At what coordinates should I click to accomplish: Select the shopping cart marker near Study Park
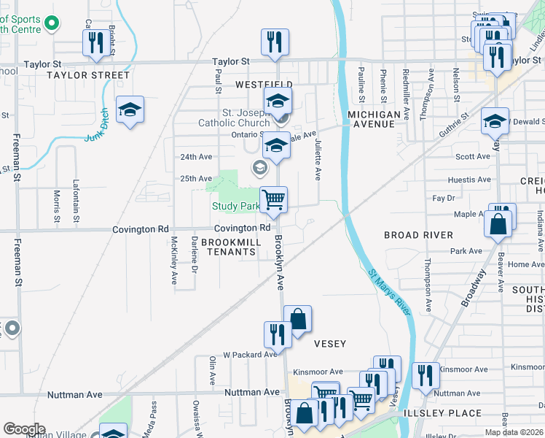(274, 199)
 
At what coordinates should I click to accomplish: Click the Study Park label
(235, 206)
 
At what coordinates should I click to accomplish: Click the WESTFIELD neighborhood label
(264, 85)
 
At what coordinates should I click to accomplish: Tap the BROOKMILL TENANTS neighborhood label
(229, 247)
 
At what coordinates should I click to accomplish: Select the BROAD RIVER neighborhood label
(419, 235)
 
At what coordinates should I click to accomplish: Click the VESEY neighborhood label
(329, 343)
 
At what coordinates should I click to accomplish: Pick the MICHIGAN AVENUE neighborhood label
(374, 120)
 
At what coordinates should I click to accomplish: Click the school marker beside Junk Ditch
(130, 109)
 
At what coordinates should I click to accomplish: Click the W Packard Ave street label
(251, 355)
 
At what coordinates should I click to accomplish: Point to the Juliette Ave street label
(318, 161)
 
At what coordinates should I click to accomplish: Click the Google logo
(23, 429)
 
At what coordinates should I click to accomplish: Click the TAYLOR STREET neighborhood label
(88, 75)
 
